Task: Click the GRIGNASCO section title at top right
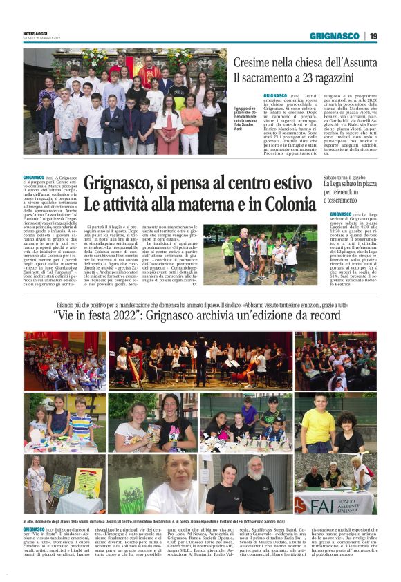333,36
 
